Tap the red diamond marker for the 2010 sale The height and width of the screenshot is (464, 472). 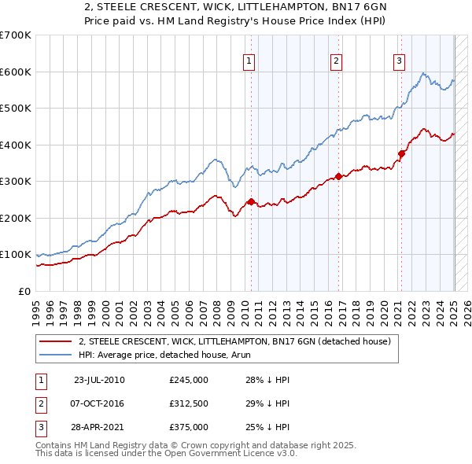coord(252,201)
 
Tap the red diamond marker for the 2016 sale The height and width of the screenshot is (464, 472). coord(338,177)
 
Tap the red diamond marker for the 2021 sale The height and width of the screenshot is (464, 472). coord(401,154)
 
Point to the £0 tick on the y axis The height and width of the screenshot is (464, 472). coord(24,291)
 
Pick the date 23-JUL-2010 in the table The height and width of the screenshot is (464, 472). coord(99,380)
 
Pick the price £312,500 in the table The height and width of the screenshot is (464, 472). coord(189,403)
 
